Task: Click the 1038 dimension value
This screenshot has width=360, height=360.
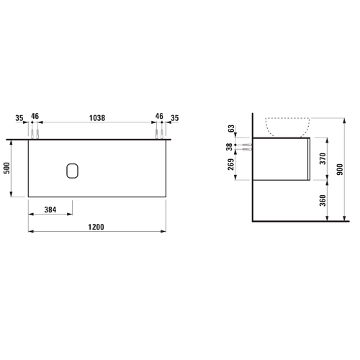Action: [97, 118]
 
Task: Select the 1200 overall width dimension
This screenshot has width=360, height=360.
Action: [96, 227]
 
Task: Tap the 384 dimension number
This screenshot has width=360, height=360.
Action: [50, 210]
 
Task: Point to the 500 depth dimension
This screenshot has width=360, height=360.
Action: [7, 168]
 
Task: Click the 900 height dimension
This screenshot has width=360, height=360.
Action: [340, 169]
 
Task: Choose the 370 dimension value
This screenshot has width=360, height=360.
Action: [323, 158]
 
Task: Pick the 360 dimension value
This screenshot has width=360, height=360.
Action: [323, 200]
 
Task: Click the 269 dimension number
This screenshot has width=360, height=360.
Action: [230, 164]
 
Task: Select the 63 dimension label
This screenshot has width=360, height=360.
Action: [230, 129]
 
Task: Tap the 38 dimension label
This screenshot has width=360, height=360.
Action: [230, 147]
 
